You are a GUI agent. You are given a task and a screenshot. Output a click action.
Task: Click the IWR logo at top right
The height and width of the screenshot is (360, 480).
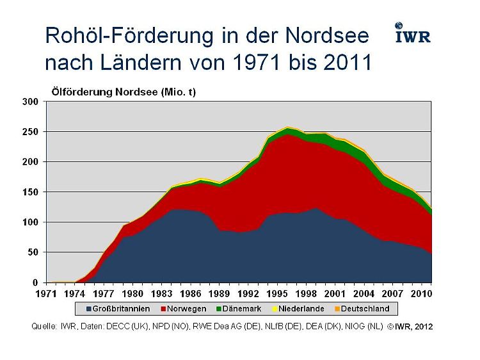coord(412,33)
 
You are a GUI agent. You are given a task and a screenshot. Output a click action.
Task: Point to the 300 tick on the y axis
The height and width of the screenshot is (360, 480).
coord(31,102)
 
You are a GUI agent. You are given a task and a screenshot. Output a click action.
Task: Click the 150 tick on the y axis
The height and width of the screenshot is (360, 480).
coord(31,192)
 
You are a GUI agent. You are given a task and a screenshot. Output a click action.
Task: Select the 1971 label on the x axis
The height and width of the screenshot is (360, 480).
coord(47,294)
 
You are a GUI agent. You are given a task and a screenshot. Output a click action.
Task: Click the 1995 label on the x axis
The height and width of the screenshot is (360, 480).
coord(276,294)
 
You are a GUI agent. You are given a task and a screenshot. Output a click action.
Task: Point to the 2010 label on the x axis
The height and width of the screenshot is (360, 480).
coord(419,294)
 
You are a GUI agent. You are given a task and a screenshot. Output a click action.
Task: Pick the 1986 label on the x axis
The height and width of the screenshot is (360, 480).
coord(190,294)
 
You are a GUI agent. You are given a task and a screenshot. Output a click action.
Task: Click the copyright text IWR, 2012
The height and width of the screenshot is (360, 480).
coord(413,327)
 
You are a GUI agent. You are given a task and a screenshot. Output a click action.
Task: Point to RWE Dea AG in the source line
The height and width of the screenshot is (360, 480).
coord(208,327)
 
